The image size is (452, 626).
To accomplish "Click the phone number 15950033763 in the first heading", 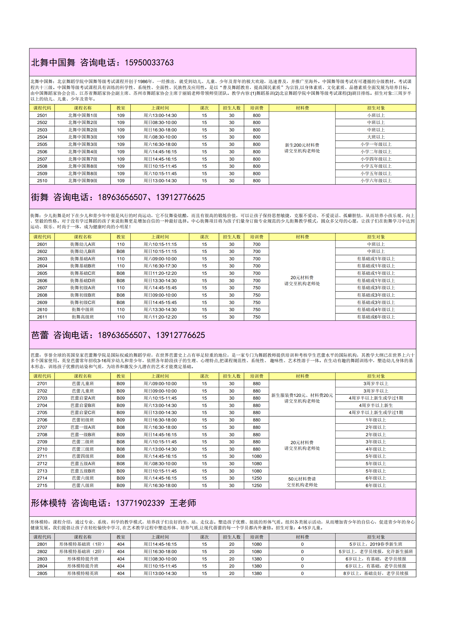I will tap(149, 63).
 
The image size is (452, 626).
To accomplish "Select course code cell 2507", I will tap(42, 159).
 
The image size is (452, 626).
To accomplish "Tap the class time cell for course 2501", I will tap(160, 115).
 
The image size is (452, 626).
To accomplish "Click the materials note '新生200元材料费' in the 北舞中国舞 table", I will tap(302, 145).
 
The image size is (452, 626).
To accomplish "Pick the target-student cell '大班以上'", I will tap(375, 137).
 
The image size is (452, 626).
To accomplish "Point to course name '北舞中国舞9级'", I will tap(83, 181).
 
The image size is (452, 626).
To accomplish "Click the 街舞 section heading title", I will tap(40, 197).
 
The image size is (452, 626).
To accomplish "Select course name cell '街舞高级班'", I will tap(83, 317).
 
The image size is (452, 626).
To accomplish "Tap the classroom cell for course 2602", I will tap(121, 252).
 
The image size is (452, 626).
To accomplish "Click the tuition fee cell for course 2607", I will tap(256, 288).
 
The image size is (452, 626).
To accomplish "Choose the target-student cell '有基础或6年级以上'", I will tap(375, 317).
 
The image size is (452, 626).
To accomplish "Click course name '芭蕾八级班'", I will tap(83, 486).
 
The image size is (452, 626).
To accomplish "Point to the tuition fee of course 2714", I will tap(256, 478).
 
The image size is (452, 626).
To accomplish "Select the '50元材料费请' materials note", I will tap(302, 479).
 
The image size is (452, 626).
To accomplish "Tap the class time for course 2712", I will tap(160, 464).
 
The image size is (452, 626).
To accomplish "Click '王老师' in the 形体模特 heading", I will tap(183, 503).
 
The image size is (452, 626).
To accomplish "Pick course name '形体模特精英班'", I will tap(83, 573).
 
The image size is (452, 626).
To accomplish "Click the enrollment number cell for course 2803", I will tap(232, 559).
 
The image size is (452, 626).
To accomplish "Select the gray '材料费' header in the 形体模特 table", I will tap(302, 537).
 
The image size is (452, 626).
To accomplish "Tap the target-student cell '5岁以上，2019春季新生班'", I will tap(375, 544).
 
